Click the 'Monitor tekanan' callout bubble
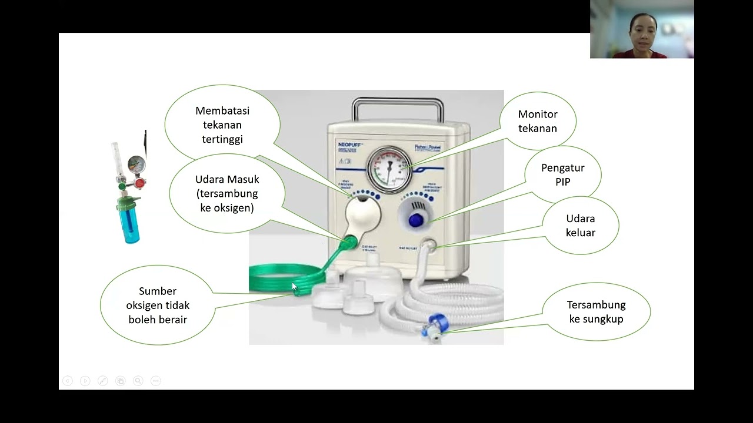538,121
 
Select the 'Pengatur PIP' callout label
562,175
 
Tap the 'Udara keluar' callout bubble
580,226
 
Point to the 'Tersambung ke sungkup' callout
596,312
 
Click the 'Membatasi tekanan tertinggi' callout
222,125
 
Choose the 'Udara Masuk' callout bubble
227,194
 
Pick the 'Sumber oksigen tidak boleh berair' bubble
158,305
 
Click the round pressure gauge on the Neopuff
389,170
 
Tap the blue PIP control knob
416,220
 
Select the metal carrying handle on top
397,108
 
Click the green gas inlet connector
348,241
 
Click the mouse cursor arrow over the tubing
294,286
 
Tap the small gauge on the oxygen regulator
136,163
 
